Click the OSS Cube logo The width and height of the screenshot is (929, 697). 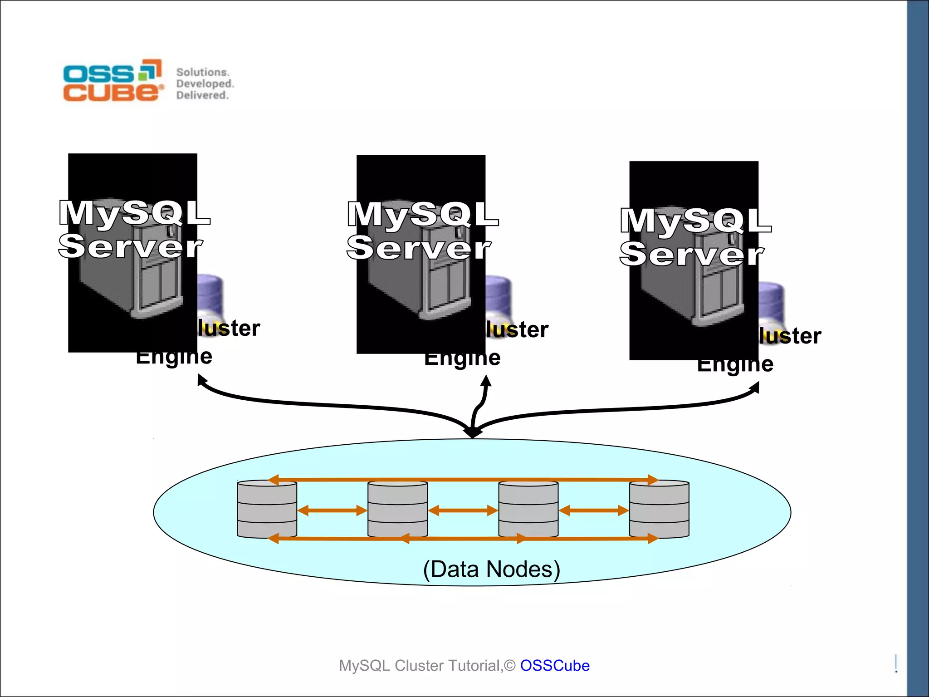(x=112, y=80)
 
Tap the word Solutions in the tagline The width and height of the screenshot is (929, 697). (x=202, y=72)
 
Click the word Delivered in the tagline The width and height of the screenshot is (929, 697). (x=202, y=95)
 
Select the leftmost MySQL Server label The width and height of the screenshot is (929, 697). (x=134, y=230)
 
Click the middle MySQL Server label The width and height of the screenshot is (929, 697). (x=422, y=231)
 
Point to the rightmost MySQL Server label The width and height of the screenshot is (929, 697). (x=695, y=237)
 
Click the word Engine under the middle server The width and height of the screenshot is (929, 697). (x=462, y=359)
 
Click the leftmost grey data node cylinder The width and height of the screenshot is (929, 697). (x=267, y=510)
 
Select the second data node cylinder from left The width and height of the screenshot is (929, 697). (x=397, y=510)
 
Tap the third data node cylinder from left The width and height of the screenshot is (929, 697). (x=528, y=510)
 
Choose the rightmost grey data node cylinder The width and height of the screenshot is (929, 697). (x=659, y=510)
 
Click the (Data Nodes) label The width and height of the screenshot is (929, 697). (x=491, y=569)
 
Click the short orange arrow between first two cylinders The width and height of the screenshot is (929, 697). (x=332, y=510)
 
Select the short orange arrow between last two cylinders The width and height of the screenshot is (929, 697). (x=594, y=510)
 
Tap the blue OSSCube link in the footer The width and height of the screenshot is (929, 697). (x=554, y=665)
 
